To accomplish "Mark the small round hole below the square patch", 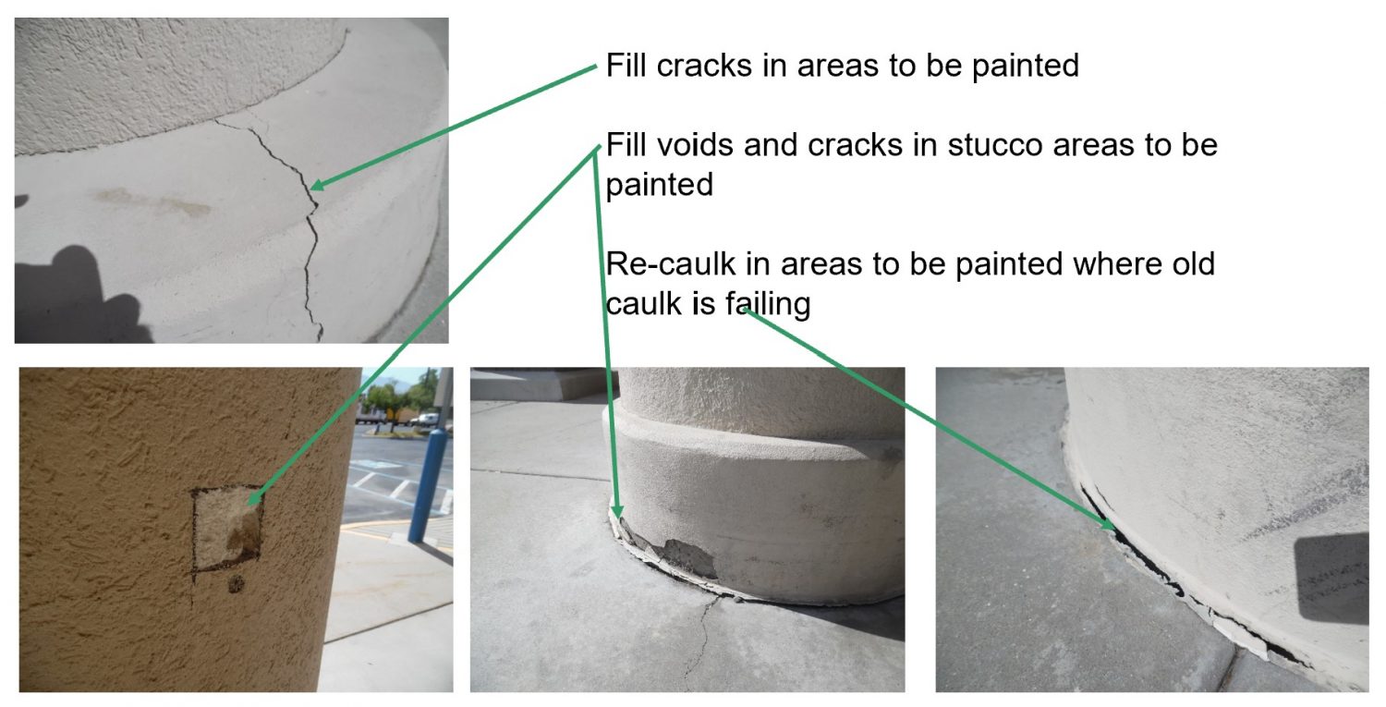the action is pyautogui.click(x=236, y=584).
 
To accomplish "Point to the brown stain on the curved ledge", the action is pyautogui.click(x=153, y=202).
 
